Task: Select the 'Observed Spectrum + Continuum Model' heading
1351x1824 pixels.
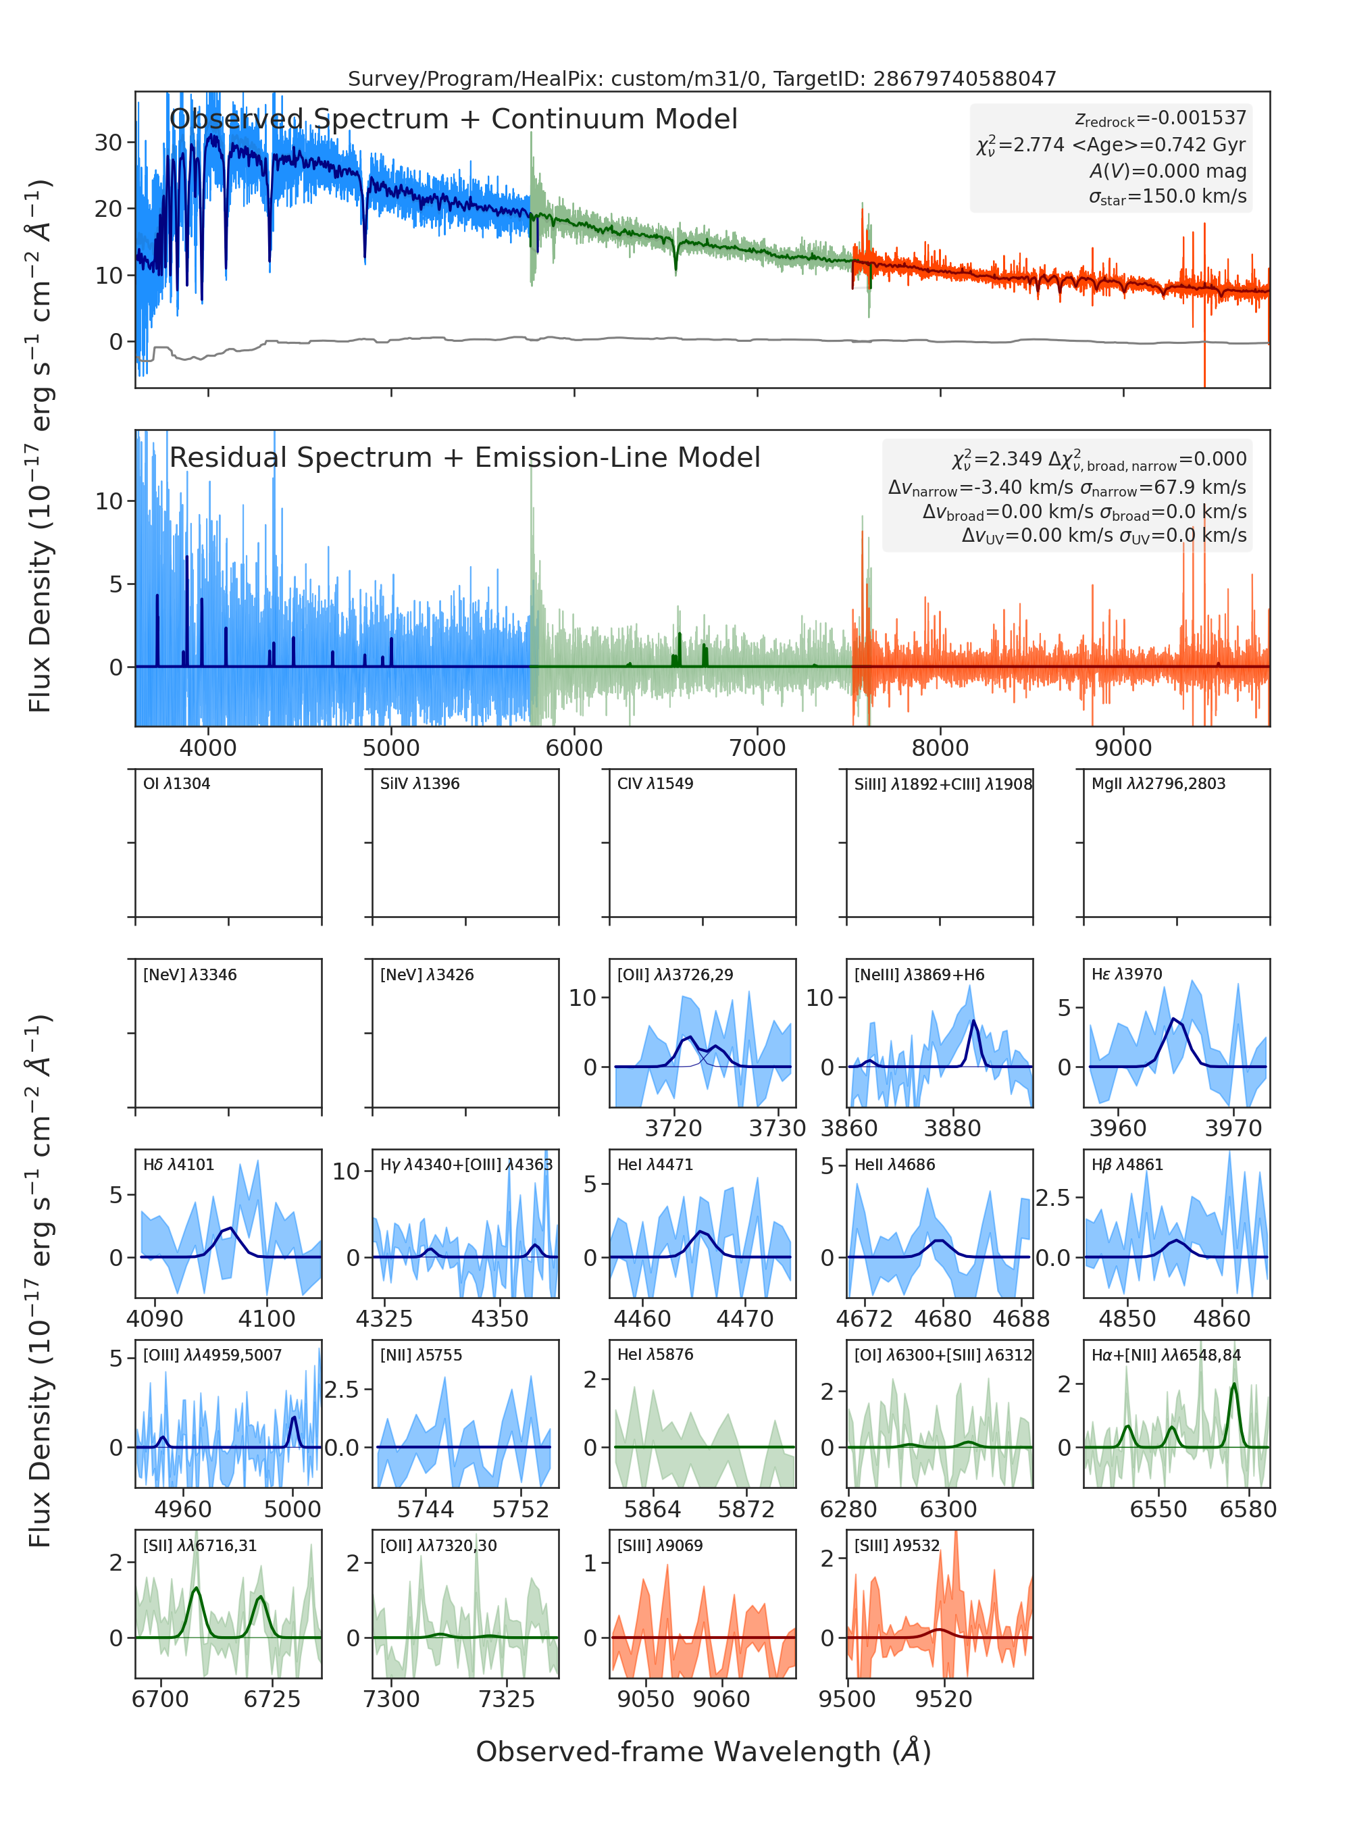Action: (453, 120)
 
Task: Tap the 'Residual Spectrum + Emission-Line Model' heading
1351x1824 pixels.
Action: (465, 457)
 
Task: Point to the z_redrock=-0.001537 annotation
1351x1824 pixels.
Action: (1161, 119)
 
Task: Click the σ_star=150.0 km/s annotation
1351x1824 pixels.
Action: (1167, 197)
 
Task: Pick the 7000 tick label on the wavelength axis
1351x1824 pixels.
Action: (757, 748)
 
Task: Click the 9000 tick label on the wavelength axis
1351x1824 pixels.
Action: (1123, 748)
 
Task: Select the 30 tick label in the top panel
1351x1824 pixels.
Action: (109, 143)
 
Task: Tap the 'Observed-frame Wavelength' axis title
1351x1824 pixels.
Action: (703, 1751)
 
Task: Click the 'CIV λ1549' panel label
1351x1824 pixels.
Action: (655, 784)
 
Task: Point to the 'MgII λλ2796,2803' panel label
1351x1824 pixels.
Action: (1158, 784)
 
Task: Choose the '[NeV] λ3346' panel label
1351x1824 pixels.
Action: (190, 974)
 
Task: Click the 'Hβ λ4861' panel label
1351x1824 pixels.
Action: (1127, 1165)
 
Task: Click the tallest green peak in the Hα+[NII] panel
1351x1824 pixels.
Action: (1234, 1384)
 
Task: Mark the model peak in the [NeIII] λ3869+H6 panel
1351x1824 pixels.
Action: (974, 1021)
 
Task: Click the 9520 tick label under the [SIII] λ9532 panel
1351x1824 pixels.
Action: (944, 1700)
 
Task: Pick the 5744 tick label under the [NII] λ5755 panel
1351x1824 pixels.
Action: (426, 1509)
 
